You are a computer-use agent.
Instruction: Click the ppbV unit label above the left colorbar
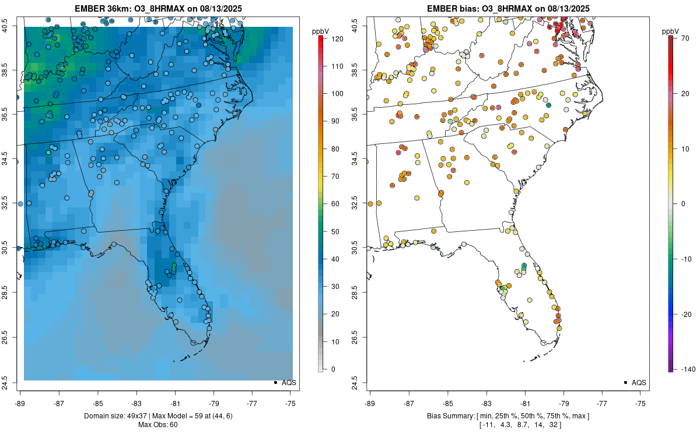point(320,30)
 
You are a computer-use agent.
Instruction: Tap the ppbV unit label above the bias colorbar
point(670,30)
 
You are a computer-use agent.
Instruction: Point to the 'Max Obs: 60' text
point(158,424)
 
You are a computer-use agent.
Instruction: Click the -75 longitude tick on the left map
point(290,403)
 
